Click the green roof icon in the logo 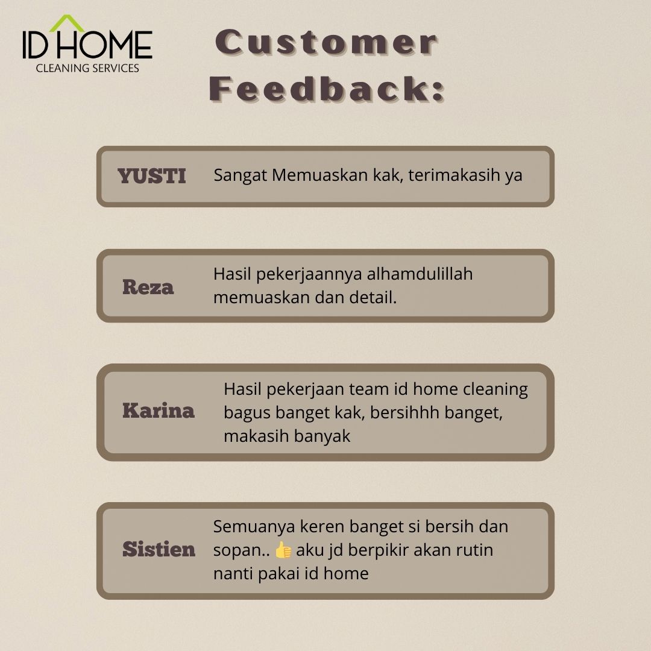click(66, 24)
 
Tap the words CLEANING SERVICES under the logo click(87, 68)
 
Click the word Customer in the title click(326, 42)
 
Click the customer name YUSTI click(151, 176)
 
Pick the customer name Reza click(148, 287)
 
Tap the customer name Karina click(158, 410)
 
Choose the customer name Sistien click(159, 549)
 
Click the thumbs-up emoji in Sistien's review click(283, 550)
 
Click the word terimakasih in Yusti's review click(454, 175)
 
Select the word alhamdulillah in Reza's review click(420, 274)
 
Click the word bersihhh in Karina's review click(404, 412)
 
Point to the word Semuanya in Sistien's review click(254, 526)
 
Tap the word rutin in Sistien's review click(474, 550)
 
